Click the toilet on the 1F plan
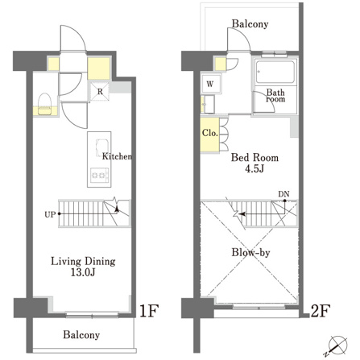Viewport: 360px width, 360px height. click(45, 104)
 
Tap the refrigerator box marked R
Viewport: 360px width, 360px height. click(100, 92)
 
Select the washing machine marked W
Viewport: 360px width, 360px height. click(211, 84)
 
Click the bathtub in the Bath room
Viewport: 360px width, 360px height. click(275, 72)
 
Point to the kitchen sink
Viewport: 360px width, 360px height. click(101, 147)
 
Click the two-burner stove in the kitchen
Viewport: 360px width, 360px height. click(99, 176)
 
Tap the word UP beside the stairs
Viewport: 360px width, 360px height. click(50, 214)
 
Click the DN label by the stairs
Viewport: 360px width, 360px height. click(283, 194)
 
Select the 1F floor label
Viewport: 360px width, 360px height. click(148, 311)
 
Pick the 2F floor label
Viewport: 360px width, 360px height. click(320, 311)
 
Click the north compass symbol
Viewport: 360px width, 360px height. click(337, 346)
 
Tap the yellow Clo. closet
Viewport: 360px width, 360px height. click(210, 134)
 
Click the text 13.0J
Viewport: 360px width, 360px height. click(83, 273)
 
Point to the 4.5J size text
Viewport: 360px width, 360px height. click(254, 169)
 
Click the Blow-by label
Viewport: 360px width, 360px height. click(250, 253)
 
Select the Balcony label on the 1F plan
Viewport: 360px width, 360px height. click(81, 335)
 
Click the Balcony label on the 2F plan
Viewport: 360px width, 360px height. click(250, 24)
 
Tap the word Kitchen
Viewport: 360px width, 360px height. click(117, 156)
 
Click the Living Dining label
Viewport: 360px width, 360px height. click(83, 262)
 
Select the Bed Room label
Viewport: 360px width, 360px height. click(254, 158)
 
